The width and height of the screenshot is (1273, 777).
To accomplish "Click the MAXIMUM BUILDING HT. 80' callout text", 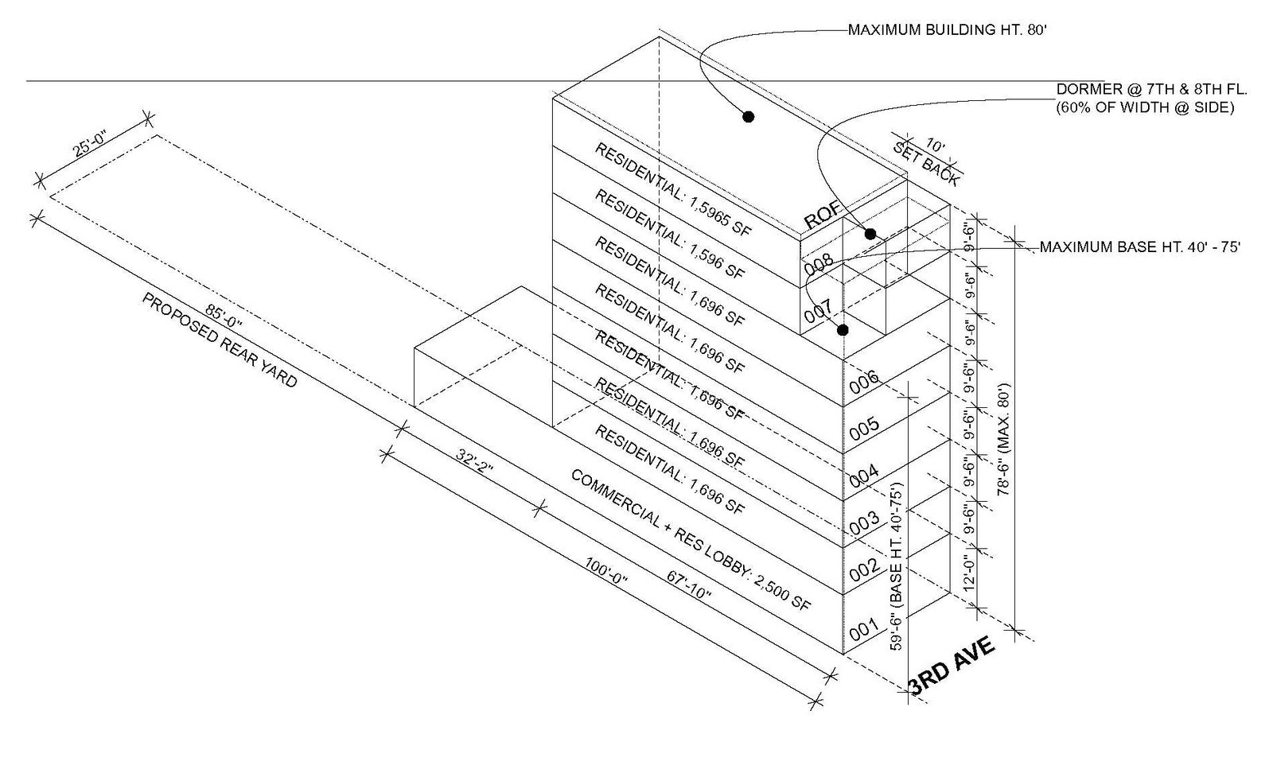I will (944, 31).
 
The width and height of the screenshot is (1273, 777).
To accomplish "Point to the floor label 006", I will (863, 381).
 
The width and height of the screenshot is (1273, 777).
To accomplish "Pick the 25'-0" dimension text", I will (90, 148).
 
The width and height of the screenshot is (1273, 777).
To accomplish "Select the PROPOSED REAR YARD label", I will (220, 340).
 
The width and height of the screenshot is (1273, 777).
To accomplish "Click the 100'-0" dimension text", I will (606, 585).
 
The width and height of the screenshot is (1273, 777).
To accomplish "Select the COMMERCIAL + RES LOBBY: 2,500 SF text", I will (691, 540).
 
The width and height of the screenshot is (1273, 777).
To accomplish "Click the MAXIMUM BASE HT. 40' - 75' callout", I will (1140, 247).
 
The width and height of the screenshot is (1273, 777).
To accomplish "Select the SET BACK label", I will (927, 163).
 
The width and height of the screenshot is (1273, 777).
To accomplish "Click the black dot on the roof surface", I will (748, 117).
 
